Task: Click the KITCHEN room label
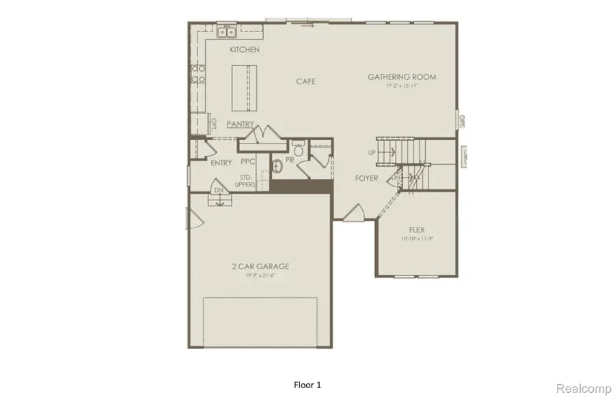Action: pos(245,50)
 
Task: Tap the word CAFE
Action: pos(305,81)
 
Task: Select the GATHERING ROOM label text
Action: pos(402,77)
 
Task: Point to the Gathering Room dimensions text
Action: pos(402,86)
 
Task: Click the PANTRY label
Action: pos(242,124)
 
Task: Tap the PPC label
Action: pos(247,162)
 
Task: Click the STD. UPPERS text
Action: pos(247,180)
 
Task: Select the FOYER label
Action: pos(367,178)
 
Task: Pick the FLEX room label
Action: pos(418,230)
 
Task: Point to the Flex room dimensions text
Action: pos(418,239)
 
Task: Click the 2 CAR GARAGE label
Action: pos(260,266)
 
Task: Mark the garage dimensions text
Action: pos(260,275)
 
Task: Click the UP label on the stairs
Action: pos(372,152)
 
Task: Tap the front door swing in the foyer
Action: pos(354,214)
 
